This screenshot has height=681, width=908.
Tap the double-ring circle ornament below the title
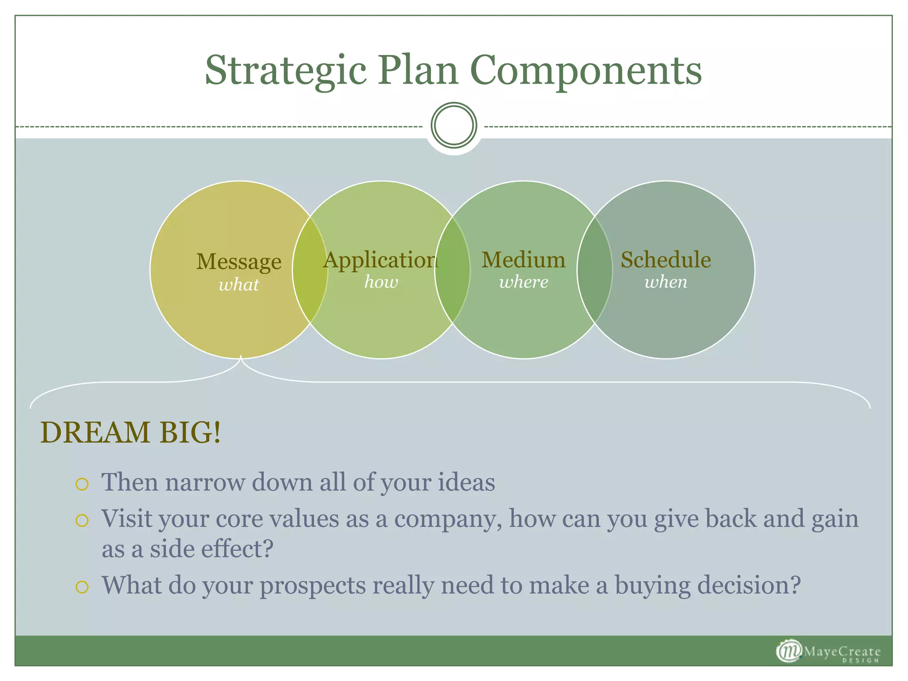tap(454, 125)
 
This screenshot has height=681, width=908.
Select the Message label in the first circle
tap(239, 262)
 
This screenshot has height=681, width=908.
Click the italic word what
tap(239, 285)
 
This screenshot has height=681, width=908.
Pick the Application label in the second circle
tap(380, 260)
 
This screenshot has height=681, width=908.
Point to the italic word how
tap(381, 282)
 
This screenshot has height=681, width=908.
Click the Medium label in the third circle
tap(523, 260)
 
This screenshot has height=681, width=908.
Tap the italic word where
tap(524, 282)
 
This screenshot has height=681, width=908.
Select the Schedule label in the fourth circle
tap(665, 260)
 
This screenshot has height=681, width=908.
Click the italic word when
tap(665, 282)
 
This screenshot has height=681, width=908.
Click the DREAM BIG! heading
tap(130, 432)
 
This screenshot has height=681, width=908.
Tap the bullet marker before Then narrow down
tap(82, 484)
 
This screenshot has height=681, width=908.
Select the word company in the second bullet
tap(448, 519)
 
